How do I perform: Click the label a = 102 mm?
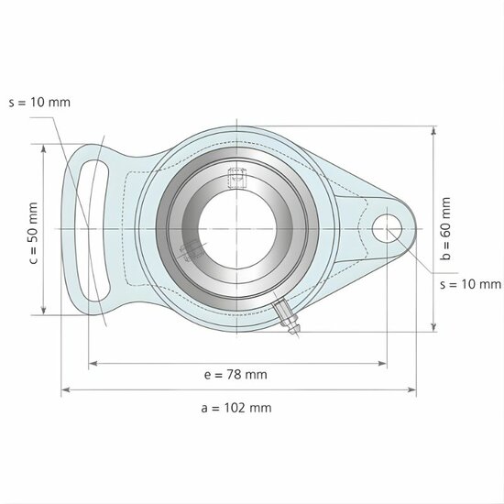[x=236, y=407]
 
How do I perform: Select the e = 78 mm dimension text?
[x=236, y=374]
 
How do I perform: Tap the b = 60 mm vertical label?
[x=446, y=230]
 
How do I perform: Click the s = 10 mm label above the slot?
[x=38, y=102]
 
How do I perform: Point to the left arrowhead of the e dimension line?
[x=91, y=364]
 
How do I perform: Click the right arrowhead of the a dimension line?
[x=412, y=390]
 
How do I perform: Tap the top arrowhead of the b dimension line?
[x=433, y=130]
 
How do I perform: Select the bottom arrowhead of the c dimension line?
[x=43, y=312]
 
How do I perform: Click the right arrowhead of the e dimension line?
[x=384, y=364]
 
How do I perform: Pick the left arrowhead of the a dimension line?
[x=64, y=390]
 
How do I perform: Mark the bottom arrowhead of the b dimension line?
[x=433, y=328]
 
